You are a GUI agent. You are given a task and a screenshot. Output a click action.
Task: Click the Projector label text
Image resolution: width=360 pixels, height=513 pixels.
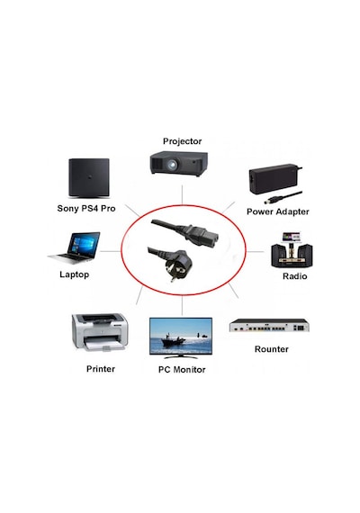(x=182, y=141)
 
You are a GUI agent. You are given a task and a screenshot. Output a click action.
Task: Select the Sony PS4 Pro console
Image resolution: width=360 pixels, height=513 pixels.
(x=89, y=177)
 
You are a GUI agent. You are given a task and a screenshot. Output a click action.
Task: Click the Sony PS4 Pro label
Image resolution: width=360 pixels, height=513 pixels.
(x=86, y=209)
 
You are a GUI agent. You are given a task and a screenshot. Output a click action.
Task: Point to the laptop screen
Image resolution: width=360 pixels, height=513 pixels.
(x=84, y=244)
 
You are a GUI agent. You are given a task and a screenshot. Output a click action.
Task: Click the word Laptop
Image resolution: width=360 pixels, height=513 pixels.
(x=75, y=274)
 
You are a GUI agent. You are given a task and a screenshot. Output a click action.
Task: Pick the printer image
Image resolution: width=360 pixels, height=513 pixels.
(x=100, y=332)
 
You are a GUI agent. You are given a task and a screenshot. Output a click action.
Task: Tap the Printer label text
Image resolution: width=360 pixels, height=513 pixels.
(x=101, y=369)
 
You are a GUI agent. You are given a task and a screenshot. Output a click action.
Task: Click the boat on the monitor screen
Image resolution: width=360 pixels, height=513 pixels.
(x=173, y=340)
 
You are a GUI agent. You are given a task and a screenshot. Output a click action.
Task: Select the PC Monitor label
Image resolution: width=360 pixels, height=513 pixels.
(x=182, y=370)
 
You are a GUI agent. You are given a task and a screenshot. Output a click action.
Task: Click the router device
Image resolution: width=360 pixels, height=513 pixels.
(x=269, y=325)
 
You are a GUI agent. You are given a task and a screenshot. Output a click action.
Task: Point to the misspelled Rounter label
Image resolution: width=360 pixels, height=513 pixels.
(x=271, y=349)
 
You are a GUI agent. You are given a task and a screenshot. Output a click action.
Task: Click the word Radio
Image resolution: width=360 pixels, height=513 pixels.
(x=294, y=276)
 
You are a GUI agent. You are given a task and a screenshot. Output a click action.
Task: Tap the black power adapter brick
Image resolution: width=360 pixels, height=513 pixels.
(x=271, y=179)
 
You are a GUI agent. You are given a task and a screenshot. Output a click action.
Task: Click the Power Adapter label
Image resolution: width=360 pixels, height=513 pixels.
(x=277, y=211)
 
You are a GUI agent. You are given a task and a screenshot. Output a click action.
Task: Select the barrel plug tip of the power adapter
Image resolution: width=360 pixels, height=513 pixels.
(x=269, y=200)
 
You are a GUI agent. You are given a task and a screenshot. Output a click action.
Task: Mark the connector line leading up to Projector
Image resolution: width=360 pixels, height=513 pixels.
(x=183, y=194)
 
